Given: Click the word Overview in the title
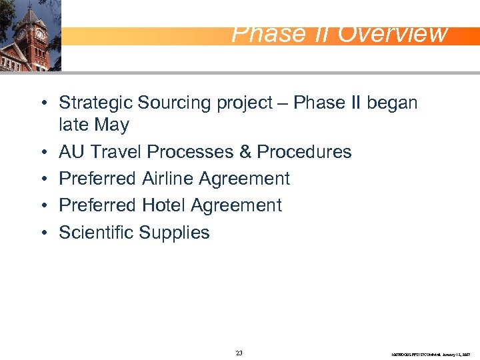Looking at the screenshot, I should [x=393, y=33].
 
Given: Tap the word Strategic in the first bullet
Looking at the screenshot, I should [x=96, y=103].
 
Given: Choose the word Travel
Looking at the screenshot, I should [x=117, y=152].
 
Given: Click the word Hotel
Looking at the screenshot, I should [x=166, y=205].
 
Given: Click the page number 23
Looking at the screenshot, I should [x=239, y=353].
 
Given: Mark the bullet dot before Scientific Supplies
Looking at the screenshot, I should [x=42, y=233].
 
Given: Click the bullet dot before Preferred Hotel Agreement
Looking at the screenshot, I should [x=42, y=206].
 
